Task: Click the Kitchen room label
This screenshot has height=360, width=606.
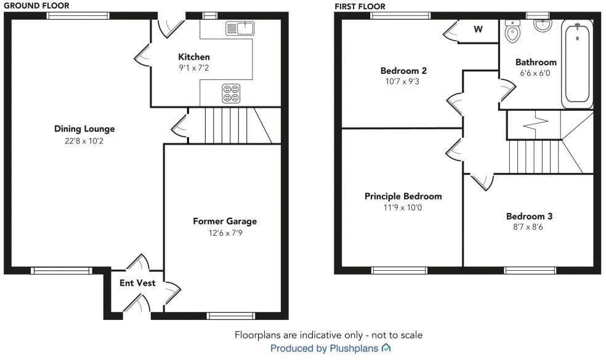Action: [x=194, y=57]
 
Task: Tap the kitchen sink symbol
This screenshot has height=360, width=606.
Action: [x=240, y=28]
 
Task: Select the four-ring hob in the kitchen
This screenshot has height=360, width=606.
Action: [x=231, y=93]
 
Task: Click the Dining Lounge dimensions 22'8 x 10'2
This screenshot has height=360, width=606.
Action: [x=84, y=141]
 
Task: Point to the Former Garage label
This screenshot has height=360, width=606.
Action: [x=225, y=221]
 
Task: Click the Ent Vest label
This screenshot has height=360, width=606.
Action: [x=137, y=284]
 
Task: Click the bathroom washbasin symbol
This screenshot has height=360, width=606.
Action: [x=542, y=25]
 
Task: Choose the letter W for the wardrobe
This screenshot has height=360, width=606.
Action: [x=478, y=29]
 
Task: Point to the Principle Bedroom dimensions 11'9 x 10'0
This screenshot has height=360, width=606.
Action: [x=403, y=207]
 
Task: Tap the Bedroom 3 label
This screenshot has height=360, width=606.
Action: [x=529, y=216]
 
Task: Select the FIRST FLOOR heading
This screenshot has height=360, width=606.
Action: [x=360, y=6]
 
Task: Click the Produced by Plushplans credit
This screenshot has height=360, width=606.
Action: [x=325, y=348]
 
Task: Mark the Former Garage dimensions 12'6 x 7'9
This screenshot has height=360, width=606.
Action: [x=225, y=233]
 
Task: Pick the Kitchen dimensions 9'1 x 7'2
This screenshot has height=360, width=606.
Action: [x=194, y=68]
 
